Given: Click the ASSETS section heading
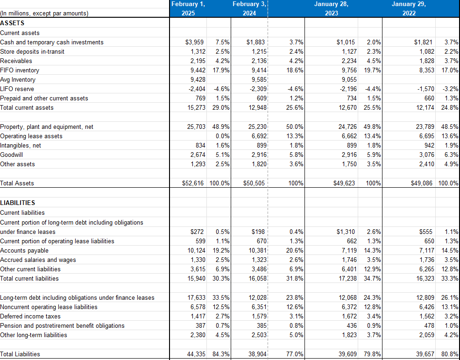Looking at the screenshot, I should click(x=13, y=23).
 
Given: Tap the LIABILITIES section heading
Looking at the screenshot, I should click(x=18, y=203).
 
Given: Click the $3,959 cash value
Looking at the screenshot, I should click(x=194, y=42).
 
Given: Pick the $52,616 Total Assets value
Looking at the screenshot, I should click(x=192, y=184).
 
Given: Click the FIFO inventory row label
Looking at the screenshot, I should click(x=20, y=71).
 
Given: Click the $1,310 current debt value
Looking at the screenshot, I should click(x=346, y=232).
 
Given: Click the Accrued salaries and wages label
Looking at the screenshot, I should click(x=38, y=260).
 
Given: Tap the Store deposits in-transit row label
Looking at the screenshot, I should click(x=32, y=52).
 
